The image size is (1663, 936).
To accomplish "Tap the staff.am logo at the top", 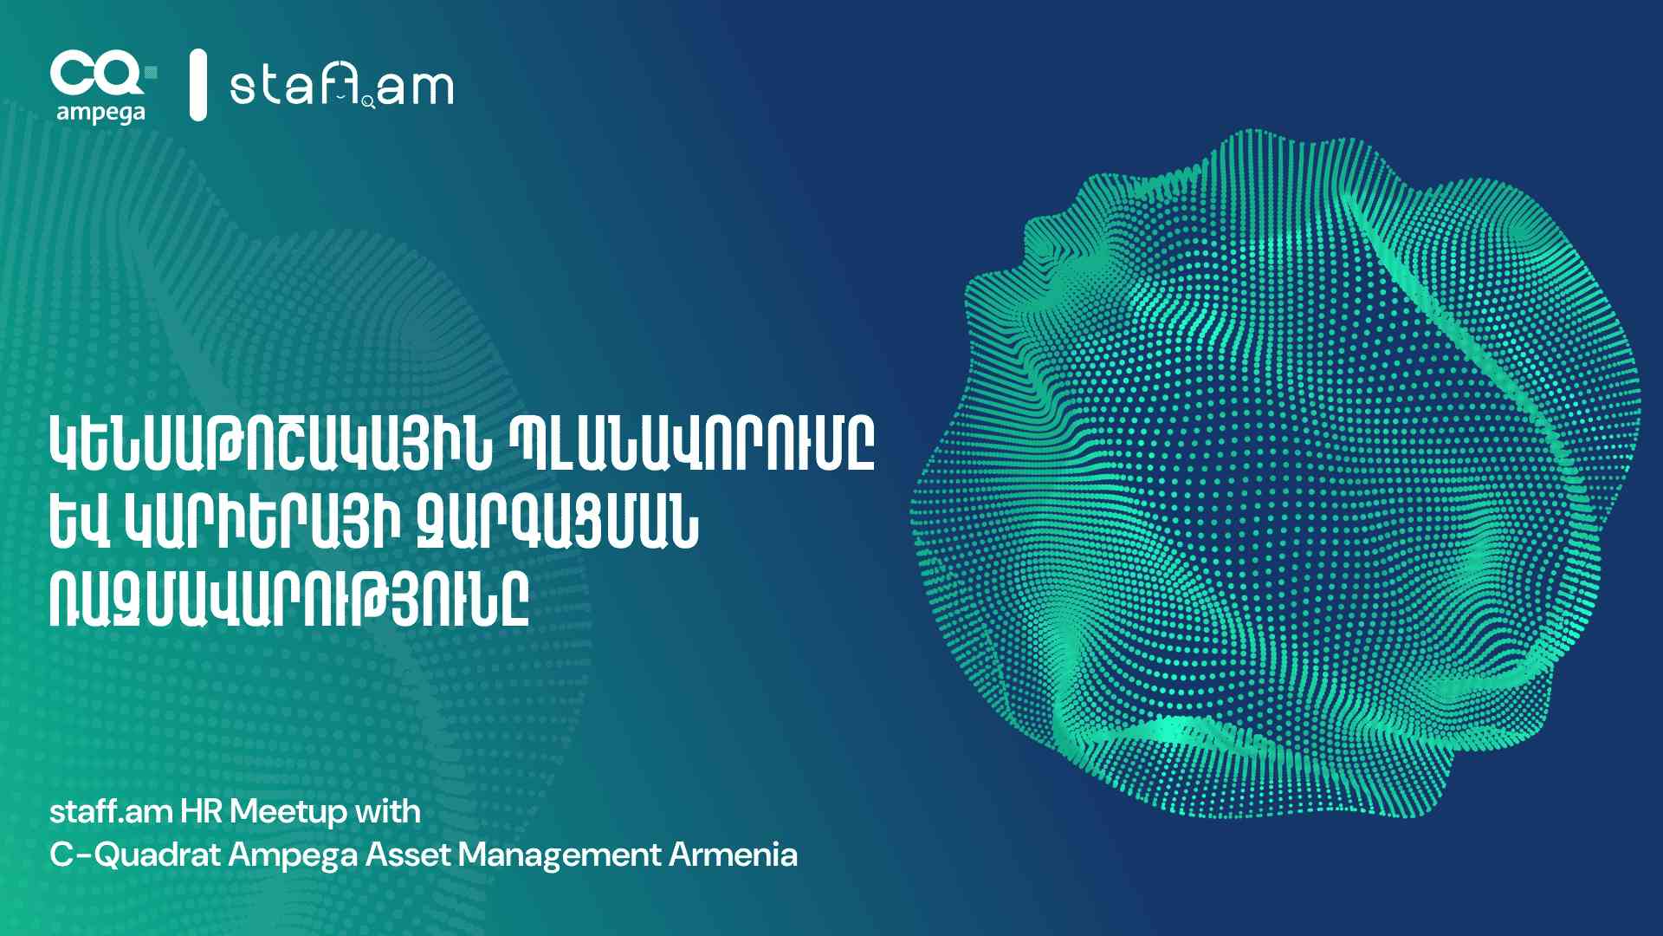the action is coord(341,86).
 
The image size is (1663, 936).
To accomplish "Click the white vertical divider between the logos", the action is coord(198,84).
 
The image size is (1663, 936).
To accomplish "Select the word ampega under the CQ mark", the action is coord(100,114).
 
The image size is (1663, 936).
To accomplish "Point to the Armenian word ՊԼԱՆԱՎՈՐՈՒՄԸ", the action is coord(691,445).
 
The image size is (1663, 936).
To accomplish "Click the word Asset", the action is coord(408,855).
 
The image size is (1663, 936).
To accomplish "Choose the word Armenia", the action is coord(733,855).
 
